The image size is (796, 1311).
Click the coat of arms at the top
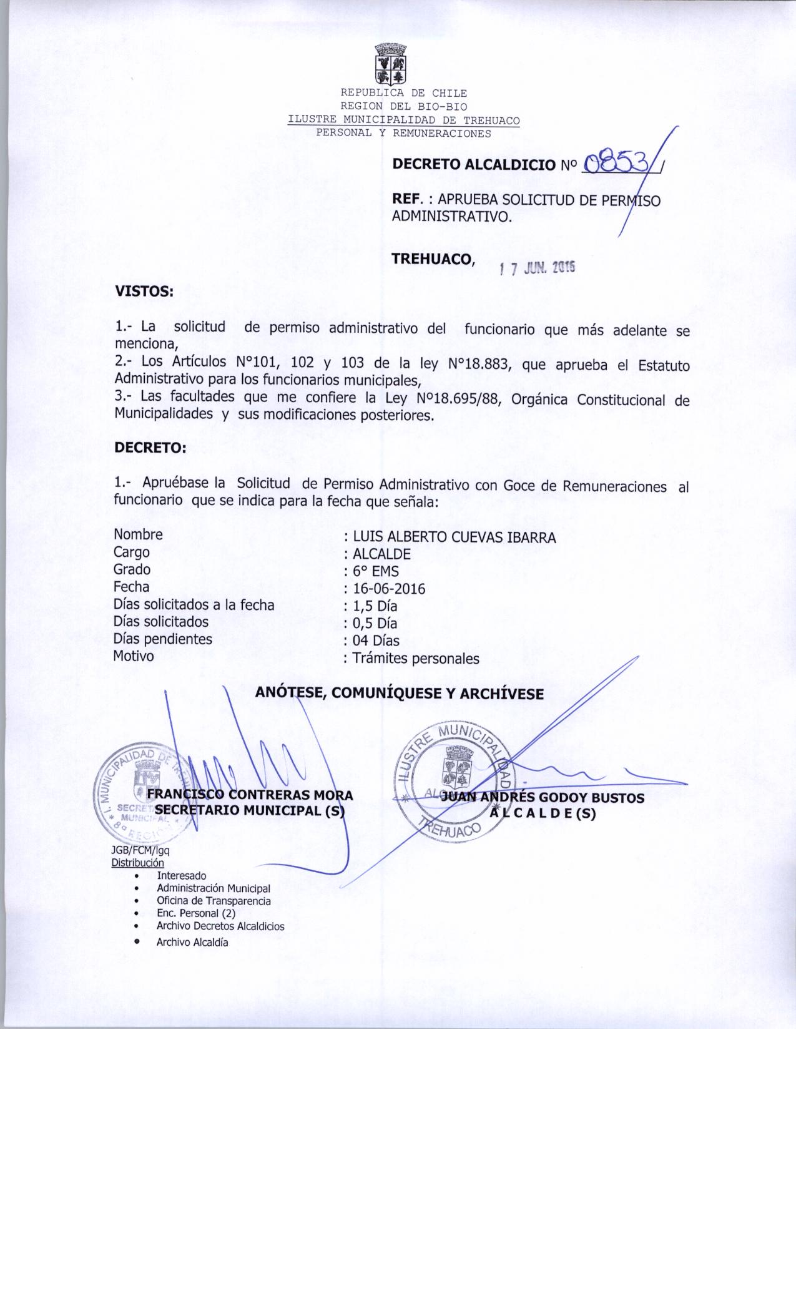[x=390, y=64]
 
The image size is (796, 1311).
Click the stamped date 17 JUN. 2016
[x=538, y=268]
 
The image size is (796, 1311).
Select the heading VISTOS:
[x=144, y=291]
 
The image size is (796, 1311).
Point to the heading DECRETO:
[x=150, y=448]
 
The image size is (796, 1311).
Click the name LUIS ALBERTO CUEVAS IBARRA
[x=454, y=537]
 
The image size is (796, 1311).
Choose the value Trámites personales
[x=416, y=658]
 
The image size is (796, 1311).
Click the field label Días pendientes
[x=162, y=639]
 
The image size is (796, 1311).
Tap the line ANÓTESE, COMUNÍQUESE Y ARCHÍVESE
[x=400, y=694]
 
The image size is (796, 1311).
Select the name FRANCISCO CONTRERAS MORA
[x=250, y=795]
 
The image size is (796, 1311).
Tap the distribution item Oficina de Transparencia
[x=214, y=901]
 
